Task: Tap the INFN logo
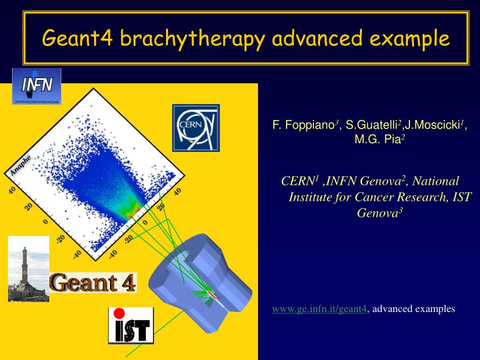pyautogui.click(x=37, y=85)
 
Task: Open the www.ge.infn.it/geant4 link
pyautogui.click(x=319, y=309)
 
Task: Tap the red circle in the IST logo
pyautogui.click(x=119, y=313)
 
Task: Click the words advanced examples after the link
pyautogui.click(x=413, y=309)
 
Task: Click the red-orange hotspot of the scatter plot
pyautogui.click(x=135, y=209)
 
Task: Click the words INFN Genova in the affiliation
pyautogui.click(x=361, y=181)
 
